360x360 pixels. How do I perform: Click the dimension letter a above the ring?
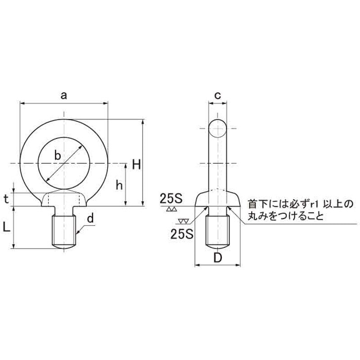tap(64, 95)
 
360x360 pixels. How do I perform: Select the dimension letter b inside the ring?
tap(57, 155)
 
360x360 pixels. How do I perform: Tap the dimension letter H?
tap(137, 165)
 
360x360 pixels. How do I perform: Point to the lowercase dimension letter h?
tap(119, 184)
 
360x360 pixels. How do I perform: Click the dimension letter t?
tap(6, 199)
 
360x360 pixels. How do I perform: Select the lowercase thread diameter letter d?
tap(90, 219)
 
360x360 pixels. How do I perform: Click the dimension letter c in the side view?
tap(217, 95)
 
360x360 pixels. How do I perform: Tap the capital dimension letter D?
tap(218, 258)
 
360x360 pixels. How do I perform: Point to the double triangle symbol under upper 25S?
tap(171, 210)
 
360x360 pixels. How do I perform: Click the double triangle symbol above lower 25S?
tap(183, 222)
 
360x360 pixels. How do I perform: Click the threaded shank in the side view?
tap(218, 230)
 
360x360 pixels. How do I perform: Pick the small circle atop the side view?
tap(218, 129)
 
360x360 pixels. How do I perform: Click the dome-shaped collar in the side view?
tap(218, 198)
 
